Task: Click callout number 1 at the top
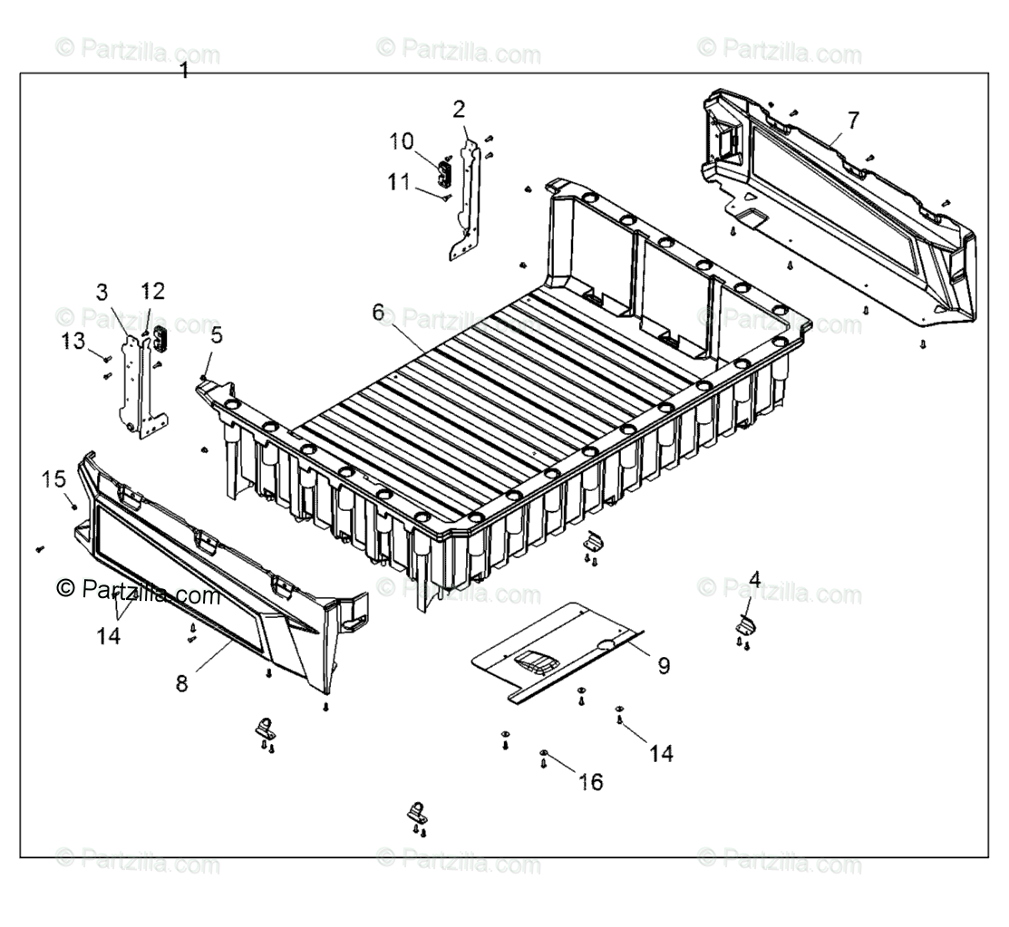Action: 185,70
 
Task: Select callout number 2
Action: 460,110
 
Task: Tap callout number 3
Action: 102,292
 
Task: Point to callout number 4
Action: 754,577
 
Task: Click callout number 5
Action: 216,335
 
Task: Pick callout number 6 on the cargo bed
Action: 378,312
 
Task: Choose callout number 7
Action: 853,120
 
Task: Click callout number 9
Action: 664,666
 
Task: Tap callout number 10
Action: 402,141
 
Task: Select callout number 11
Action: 399,181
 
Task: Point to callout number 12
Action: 153,291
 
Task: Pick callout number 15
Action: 54,478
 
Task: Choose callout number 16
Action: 590,781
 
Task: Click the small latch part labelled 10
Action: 445,171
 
